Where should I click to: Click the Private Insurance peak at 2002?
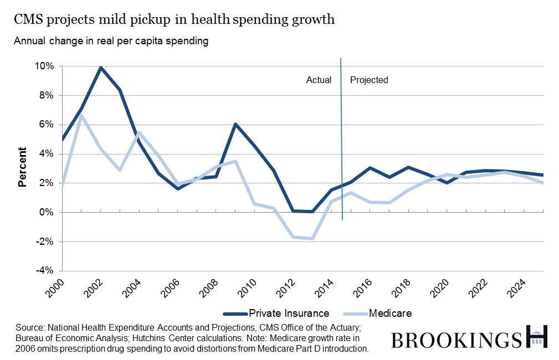point(100,68)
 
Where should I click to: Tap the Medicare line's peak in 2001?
point(81,115)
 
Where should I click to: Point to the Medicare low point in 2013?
point(312,239)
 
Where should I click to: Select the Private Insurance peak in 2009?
point(235,124)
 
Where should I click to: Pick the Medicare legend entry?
point(391,313)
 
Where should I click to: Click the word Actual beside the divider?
point(319,80)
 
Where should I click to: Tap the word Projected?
point(369,80)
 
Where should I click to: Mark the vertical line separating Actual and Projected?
point(341,138)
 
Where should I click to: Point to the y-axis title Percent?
point(23,167)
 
